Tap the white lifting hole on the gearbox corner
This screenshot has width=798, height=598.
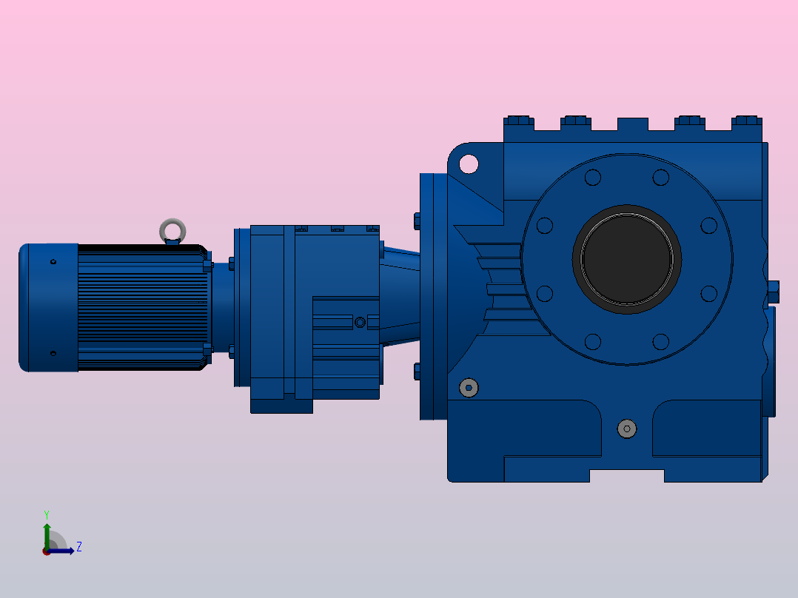coord(469,164)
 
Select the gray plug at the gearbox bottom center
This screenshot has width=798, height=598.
coord(626,429)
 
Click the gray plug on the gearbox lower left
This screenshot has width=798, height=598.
coord(469,388)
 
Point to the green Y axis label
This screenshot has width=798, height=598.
coord(47,514)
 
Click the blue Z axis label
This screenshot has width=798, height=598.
coord(79,547)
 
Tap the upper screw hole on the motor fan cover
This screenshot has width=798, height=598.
coord(53,261)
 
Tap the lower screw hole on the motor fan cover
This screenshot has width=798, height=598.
coord(53,353)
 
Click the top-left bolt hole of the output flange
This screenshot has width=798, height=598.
coord(592,177)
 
